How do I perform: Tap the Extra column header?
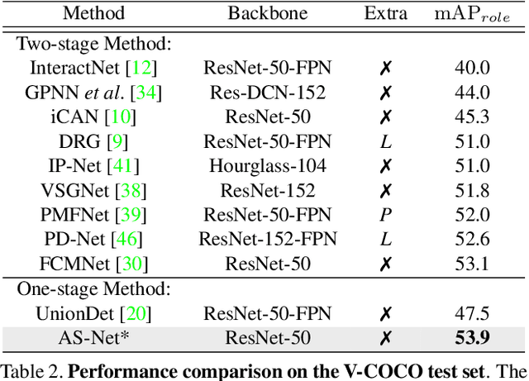385,12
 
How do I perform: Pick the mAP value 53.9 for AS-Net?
472,338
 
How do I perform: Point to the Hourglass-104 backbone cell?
267,166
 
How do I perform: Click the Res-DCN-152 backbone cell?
267,93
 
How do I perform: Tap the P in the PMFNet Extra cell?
384,216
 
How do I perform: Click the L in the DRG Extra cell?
384,141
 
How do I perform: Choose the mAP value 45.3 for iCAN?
472,117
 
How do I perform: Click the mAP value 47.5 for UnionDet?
472,313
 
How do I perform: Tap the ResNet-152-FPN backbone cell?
267,240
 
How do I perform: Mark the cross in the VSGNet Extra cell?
384,191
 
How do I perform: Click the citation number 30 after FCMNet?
131,264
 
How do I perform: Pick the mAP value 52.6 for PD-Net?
472,240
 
